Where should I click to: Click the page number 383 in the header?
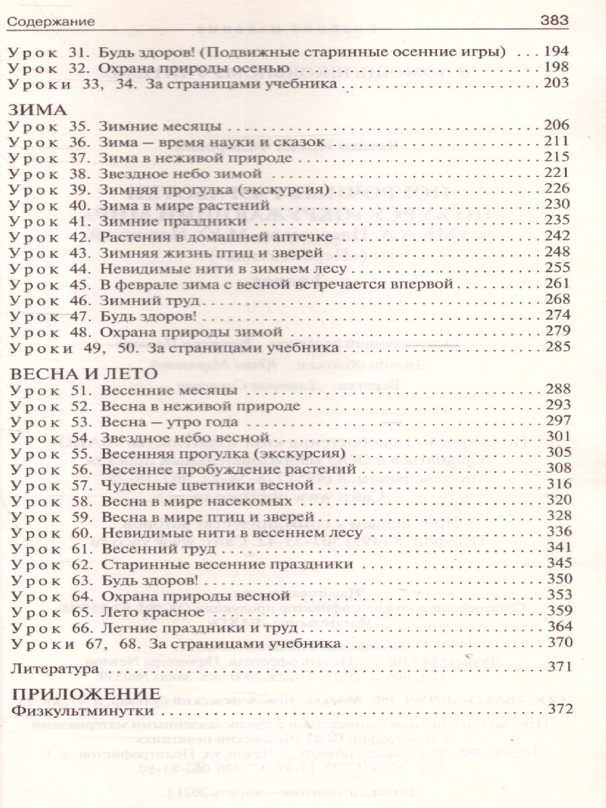pos(555,22)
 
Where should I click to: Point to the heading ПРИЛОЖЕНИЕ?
pos(86,694)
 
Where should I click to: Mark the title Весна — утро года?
pos(168,422)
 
